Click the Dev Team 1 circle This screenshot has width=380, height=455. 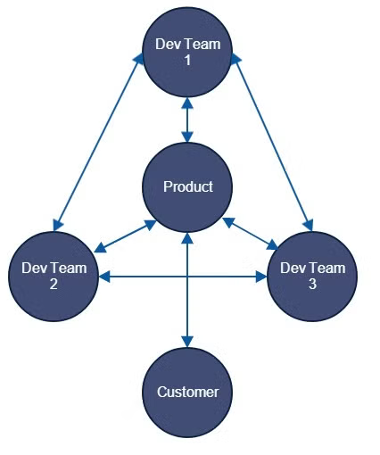coord(187,53)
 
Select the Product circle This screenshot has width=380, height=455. coord(187,187)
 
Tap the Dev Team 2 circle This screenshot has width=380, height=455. coord(54,277)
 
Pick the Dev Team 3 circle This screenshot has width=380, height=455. coord(312,277)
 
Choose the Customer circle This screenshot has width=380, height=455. coord(187,393)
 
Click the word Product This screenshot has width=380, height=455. coord(188,186)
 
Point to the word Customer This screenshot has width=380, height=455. coord(187,392)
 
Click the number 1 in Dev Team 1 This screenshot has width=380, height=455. coord(187,60)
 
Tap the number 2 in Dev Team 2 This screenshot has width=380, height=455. coord(54,284)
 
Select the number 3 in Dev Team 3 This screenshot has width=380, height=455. coord(312,284)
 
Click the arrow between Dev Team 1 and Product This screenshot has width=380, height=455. coord(187,120)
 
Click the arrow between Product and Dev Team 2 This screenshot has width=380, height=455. coord(125,236)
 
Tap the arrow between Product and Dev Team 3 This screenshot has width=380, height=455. coord(250,234)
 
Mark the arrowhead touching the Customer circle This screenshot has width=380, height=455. coord(187,342)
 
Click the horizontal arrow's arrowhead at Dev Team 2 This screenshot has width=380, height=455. coord(104,277)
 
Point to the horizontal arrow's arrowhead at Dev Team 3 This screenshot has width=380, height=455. coord(261,277)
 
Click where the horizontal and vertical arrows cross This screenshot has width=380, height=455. coord(187,277)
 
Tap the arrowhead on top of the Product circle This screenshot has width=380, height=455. coord(187,136)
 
